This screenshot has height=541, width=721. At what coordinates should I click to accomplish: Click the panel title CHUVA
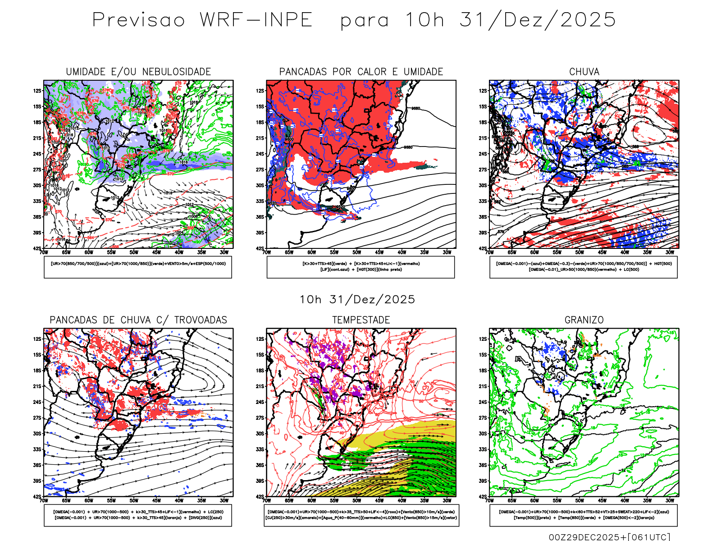584,72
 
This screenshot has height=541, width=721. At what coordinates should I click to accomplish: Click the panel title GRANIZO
584,320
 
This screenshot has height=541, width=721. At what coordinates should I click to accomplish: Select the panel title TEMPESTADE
361,320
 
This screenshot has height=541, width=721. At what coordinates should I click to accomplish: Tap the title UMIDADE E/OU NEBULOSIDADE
138,72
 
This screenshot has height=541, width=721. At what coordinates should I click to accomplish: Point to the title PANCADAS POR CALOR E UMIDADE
361,72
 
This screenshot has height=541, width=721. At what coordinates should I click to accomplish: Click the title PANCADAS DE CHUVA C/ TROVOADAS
138,320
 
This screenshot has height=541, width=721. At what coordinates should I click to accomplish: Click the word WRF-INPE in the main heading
256,20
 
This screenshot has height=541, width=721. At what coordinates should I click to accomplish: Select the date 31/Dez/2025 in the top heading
537,20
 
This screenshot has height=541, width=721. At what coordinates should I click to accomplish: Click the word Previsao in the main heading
138,20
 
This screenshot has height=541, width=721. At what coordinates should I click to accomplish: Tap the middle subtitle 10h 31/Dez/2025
357,300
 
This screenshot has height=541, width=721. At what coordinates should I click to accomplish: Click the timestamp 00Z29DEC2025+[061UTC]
609,537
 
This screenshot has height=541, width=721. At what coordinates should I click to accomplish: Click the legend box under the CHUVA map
584,267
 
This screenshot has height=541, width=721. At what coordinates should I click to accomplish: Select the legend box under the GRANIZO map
584,515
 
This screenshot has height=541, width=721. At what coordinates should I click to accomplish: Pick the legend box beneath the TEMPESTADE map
361,515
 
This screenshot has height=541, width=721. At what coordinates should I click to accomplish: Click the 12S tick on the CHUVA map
483,91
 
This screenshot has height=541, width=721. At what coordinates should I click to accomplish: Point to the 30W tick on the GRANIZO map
670,500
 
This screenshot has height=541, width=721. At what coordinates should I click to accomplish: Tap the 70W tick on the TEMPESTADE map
267,500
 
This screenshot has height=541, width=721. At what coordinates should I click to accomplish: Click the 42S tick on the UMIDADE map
37,248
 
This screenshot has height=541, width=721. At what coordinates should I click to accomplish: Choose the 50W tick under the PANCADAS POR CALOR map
356,252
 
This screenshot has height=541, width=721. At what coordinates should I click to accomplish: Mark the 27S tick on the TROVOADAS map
37,418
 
